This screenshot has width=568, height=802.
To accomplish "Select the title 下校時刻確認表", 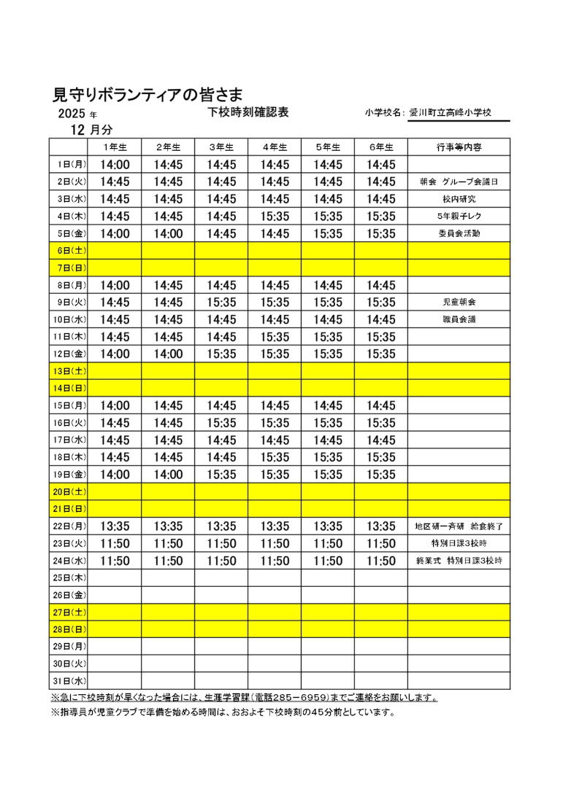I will pyautogui.click(x=248, y=112).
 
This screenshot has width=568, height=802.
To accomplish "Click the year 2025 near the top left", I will pyautogui.click(x=72, y=114).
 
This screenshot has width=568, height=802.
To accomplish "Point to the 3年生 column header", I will pyautogui.click(x=221, y=147).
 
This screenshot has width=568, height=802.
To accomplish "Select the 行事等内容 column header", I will pyautogui.click(x=458, y=147).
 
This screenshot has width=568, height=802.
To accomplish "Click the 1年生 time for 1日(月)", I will pyautogui.click(x=115, y=165).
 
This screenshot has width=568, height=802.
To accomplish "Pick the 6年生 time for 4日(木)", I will pyautogui.click(x=381, y=216).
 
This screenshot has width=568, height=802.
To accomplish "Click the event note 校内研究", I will pyautogui.click(x=458, y=199).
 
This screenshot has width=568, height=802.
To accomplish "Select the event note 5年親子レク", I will pyautogui.click(x=458, y=216).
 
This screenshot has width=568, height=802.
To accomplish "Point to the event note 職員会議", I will pyautogui.click(x=458, y=319).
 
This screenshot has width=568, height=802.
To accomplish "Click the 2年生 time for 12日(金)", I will pyautogui.click(x=168, y=354).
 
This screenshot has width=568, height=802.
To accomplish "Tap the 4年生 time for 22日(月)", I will pyautogui.click(x=275, y=526).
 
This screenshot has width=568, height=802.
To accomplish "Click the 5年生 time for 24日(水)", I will pyautogui.click(x=328, y=561).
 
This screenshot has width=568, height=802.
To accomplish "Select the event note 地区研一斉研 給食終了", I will pyautogui.click(x=458, y=526).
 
